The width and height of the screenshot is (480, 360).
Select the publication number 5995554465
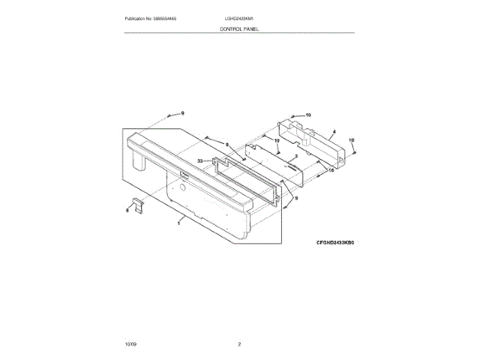click(x=172, y=17)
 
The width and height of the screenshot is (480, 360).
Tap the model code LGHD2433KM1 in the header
click(x=240, y=17)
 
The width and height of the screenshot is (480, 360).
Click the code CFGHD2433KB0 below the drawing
click(x=333, y=244)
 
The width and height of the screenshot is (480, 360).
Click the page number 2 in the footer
click(x=239, y=343)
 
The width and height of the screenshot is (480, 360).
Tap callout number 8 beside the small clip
click(x=127, y=211)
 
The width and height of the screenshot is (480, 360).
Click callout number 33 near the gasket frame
click(x=201, y=160)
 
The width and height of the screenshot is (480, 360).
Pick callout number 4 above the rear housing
click(x=333, y=132)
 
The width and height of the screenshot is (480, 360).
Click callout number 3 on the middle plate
click(x=295, y=156)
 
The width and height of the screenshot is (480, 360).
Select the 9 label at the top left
click(x=181, y=113)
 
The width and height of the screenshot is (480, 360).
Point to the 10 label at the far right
click(x=351, y=139)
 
